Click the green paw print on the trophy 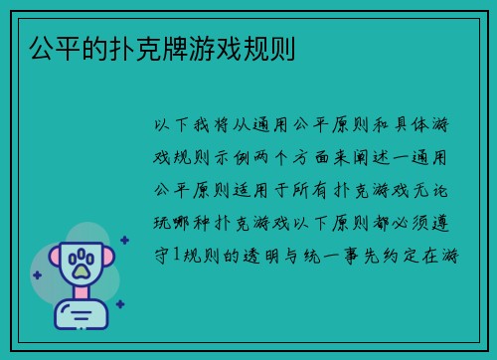[x=80, y=262]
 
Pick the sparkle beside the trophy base [x=119, y=303]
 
